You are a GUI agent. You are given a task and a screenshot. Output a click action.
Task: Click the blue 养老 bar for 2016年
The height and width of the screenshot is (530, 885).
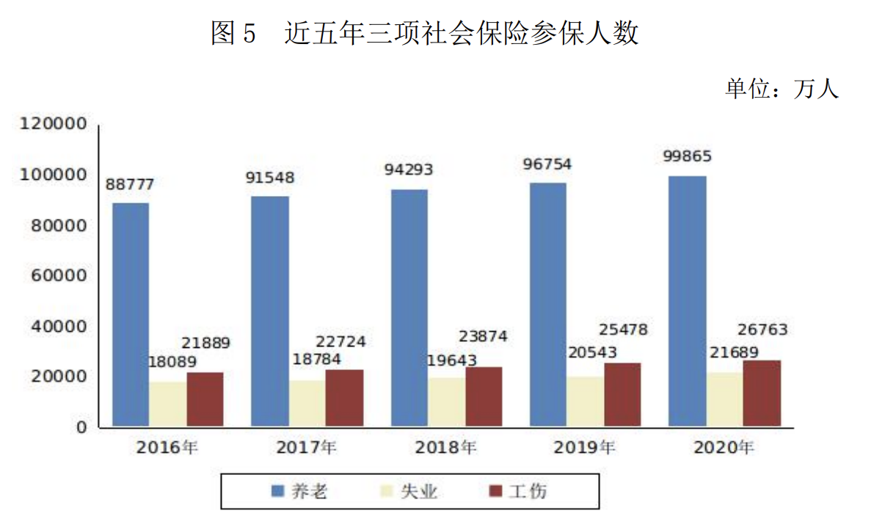click(x=131, y=314)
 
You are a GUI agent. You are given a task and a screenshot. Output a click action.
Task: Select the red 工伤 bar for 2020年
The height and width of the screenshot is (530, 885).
click(x=762, y=393)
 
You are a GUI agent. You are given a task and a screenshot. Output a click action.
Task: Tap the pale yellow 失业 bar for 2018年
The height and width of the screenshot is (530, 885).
click(x=446, y=402)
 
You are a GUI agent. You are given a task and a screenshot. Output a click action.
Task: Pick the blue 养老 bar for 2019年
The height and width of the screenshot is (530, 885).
click(x=548, y=304)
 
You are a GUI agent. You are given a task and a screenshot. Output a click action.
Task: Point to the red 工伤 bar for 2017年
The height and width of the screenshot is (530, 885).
click(x=344, y=397)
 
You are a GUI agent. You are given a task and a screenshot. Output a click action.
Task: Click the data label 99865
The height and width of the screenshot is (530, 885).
click(x=687, y=157)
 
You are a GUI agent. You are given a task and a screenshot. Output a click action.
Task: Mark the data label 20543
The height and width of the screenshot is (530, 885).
click(x=592, y=353)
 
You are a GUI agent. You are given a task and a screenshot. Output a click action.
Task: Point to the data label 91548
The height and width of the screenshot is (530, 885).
click(x=269, y=178)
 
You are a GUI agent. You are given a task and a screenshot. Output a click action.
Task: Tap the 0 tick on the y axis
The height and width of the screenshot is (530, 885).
click(x=83, y=427)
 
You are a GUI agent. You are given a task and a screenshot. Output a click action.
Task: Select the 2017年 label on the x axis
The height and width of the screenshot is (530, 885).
click(x=306, y=447)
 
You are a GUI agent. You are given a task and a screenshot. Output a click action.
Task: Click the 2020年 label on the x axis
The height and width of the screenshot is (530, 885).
click(x=724, y=447)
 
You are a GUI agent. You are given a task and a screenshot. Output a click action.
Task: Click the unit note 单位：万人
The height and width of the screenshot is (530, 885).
click(x=782, y=90)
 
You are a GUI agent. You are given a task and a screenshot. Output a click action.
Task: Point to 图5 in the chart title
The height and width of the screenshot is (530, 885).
click(x=233, y=33)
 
